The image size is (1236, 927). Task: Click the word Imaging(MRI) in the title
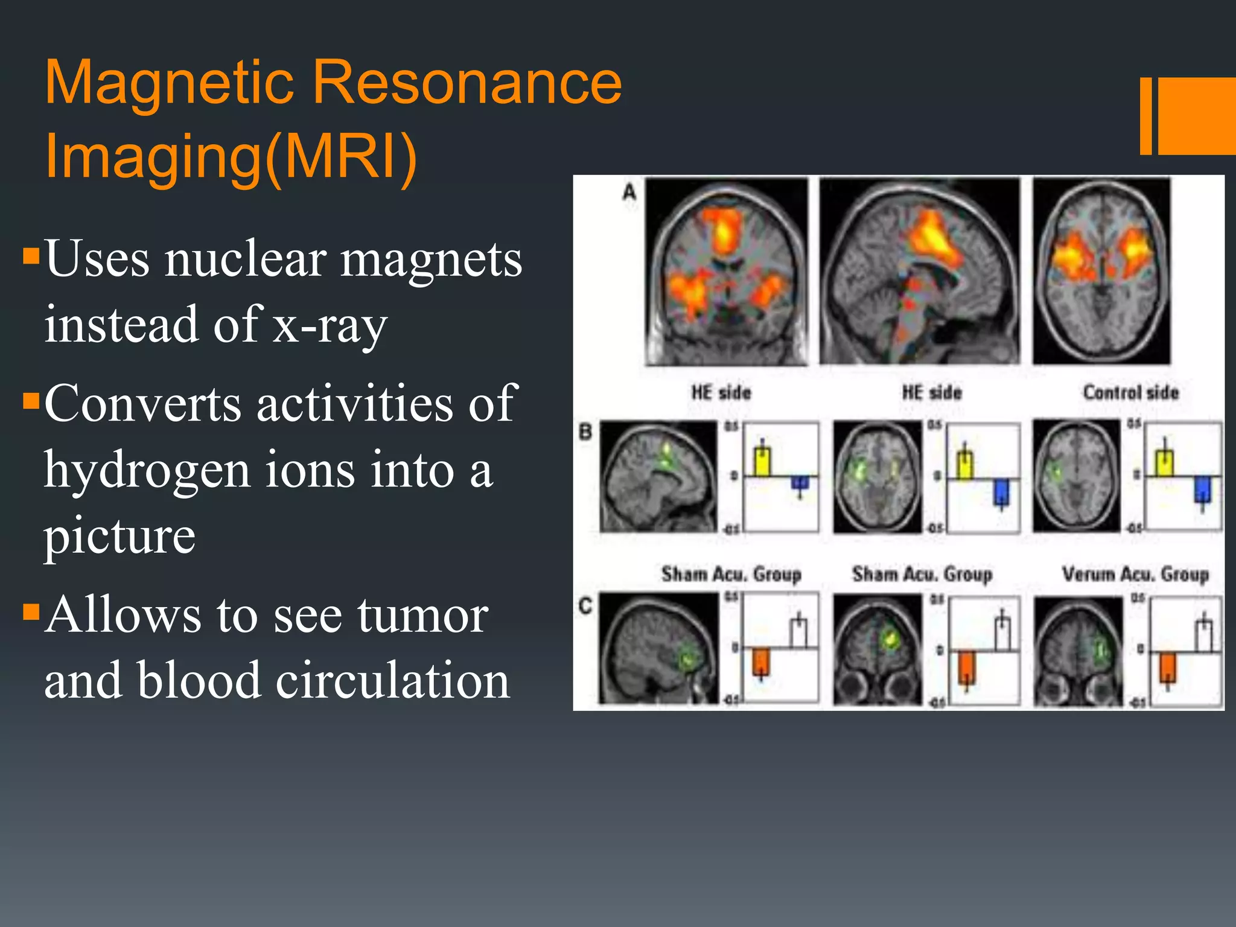point(231,156)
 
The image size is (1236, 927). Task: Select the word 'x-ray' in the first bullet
point(329,325)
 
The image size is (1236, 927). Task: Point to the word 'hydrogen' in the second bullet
point(147,471)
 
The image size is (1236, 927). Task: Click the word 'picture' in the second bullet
point(119,535)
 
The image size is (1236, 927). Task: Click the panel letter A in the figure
point(629,193)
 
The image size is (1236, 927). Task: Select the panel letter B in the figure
point(585,432)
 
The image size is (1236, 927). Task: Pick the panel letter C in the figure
point(585,605)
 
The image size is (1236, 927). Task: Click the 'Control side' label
point(1130,393)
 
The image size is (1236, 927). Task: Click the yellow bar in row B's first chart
point(762,462)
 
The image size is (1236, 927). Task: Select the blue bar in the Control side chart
point(1202,489)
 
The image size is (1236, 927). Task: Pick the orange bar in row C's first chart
point(760,661)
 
